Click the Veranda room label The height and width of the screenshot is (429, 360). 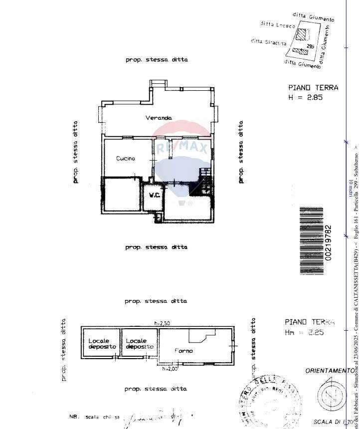point(159,118)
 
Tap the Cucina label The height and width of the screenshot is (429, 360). point(126,159)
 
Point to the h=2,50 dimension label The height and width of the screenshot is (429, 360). point(163,323)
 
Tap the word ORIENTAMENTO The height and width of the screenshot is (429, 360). point(330,371)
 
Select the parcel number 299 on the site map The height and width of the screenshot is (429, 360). point(311,46)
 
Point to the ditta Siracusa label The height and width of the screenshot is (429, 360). point(268,42)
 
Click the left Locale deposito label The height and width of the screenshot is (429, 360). point(102,344)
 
